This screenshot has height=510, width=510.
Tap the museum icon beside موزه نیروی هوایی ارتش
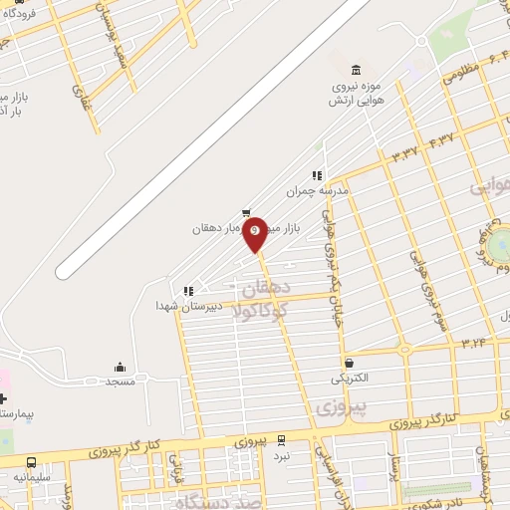click(x=357, y=68)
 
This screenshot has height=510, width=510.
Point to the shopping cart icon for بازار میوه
click(x=246, y=212)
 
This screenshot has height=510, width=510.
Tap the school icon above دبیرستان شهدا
click(x=187, y=291)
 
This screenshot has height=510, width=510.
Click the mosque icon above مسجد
click(x=120, y=366)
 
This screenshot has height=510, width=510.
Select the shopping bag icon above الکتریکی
click(x=349, y=363)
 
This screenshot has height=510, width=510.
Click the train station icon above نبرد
click(x=282, y=439)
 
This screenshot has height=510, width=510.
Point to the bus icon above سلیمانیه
click(x=32, y=462)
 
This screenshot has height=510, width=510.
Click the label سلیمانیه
click(x=32, y=477)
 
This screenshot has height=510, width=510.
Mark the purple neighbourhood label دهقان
click(x=264, y=290)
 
